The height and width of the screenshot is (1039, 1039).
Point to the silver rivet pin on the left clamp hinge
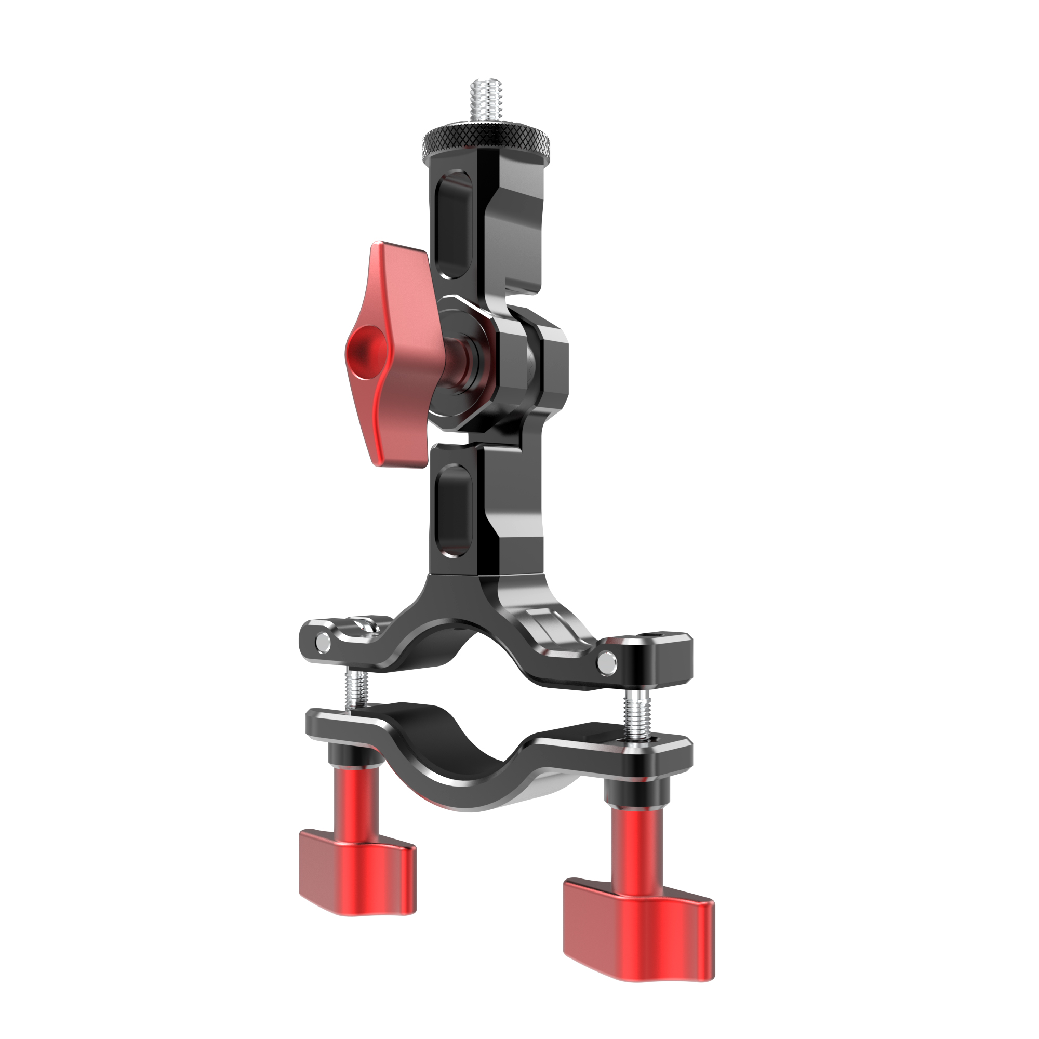pos(322,641)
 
